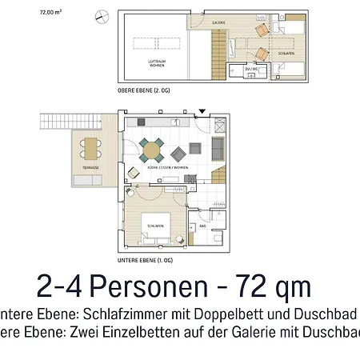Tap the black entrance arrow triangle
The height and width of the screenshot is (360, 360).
coord(202,113)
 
